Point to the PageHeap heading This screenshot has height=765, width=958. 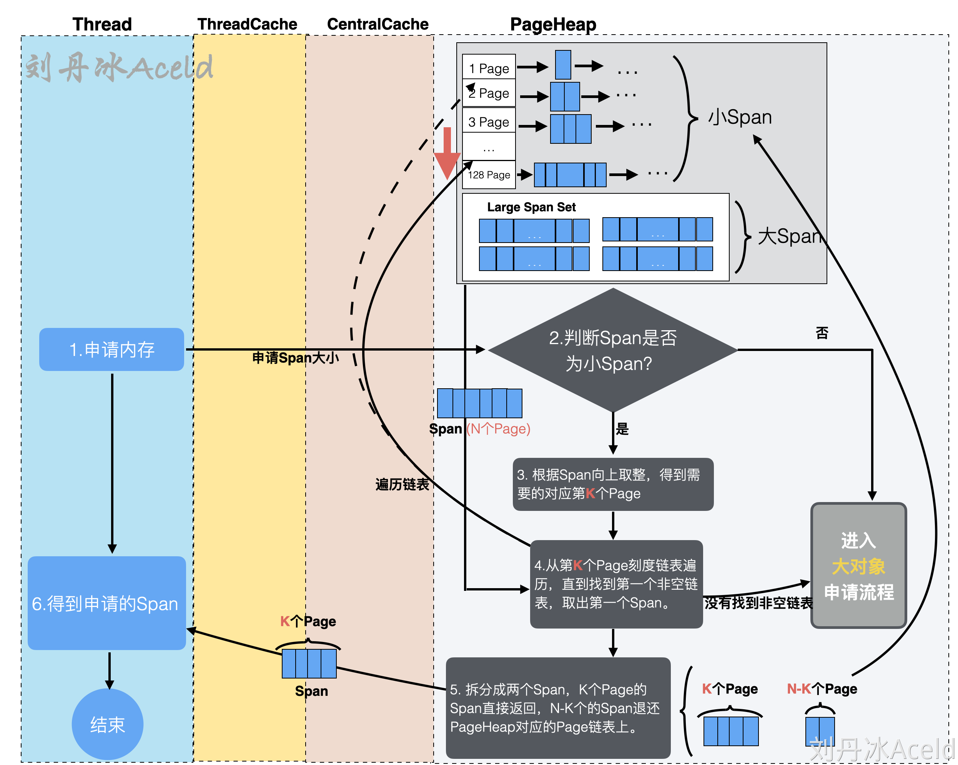(553, 25)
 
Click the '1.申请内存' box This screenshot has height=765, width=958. (111, 349)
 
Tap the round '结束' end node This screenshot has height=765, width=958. (108, 724)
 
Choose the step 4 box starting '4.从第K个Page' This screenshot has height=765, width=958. (616, 584)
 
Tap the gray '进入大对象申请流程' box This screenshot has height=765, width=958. (858, 565)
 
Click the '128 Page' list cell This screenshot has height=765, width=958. (489, 175)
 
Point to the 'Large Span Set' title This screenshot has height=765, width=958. (531, 207)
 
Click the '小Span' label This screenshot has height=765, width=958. (740, 117)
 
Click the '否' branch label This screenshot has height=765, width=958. (822, 333)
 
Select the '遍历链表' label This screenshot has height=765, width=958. (402, 484)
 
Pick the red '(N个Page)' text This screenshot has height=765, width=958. (498, 429)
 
